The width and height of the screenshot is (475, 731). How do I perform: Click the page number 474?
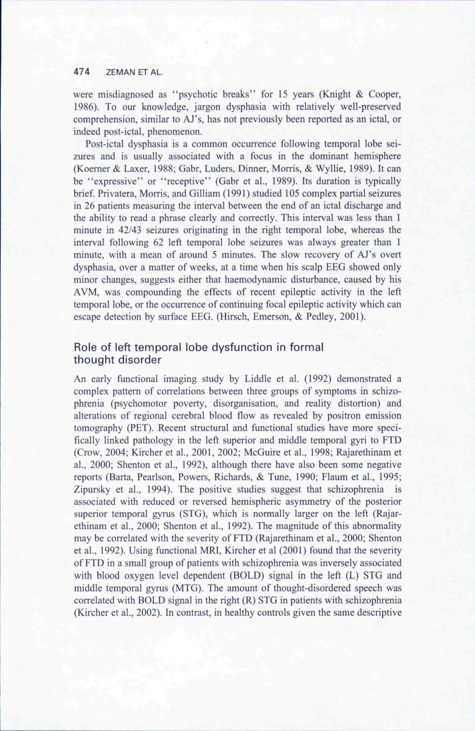(82, 72)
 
